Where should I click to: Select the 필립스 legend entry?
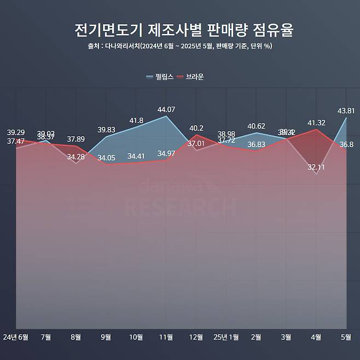click(x=160, y=77)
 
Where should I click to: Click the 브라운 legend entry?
click(x=190, y=77)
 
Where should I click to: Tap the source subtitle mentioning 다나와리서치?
click(x=180, y=47)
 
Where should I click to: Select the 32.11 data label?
click(x=316, y=167)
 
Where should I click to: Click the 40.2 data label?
click(x=196, y=128)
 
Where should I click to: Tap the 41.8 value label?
click(x=136, y=120)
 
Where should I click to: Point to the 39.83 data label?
click(x=106, y=129)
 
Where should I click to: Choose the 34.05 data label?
click(x=106, y=158)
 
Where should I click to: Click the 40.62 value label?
click(x=256, y=126)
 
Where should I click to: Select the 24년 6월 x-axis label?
click(x=16, y=336)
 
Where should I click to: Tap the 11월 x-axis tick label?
click(x=166, y=336)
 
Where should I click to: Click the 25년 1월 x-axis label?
click(x=226, y=336)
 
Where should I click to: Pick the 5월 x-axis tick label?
click(x=346, y=336)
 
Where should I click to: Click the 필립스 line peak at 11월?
click(x=166, y=116)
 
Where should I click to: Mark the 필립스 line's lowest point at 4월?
click(x=316, y=174)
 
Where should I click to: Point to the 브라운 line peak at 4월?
click(x=316, y=130)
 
